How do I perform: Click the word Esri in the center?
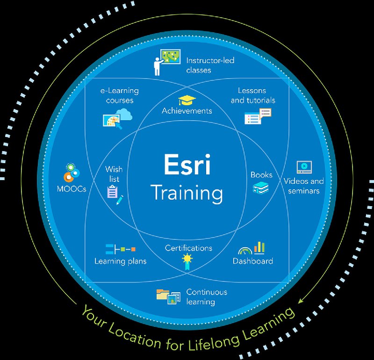(x=187, y=164)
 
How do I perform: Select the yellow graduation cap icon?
(x=187, y=100)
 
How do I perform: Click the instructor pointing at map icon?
(x=167, y=62)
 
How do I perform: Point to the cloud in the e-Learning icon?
(x=124, y=114)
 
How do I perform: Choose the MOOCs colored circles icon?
(x=72, y=172)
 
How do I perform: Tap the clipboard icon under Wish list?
(x=113, y=192)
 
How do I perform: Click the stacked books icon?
(x=261, y=187)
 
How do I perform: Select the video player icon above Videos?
(x=304, y=167)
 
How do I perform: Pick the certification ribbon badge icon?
(x=187, y=261)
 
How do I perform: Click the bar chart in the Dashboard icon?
(x=259, y=247)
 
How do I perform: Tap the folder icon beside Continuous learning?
(x=163, y=294)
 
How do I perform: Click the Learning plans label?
(x=121, y=261)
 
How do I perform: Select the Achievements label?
(x=187, y=111)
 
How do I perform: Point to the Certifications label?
(x=188, y=248)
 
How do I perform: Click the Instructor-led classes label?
(x=210, y=65)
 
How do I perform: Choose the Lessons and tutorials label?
(x=253, y=95)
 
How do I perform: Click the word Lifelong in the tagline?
(x=214, y=341)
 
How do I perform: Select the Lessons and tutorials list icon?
(x=258, y=116)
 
